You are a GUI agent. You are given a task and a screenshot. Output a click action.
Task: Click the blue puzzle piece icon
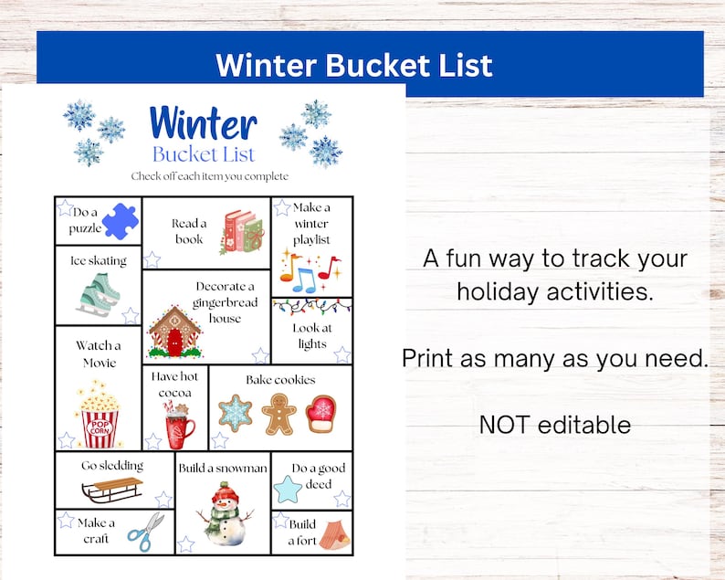120,222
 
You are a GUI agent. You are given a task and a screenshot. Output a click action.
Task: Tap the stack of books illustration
241,232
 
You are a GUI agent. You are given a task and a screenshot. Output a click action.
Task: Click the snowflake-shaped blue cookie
236,413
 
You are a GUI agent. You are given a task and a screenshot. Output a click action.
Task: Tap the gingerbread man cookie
278,414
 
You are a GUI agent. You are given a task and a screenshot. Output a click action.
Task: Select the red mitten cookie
321,414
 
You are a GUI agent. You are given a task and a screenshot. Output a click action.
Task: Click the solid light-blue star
288,490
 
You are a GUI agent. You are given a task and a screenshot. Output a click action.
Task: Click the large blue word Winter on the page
203,122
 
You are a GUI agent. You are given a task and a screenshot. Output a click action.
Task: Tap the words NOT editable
555,424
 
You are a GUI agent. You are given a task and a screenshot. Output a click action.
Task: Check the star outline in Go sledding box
163,499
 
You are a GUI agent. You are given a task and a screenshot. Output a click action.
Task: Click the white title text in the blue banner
353,65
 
